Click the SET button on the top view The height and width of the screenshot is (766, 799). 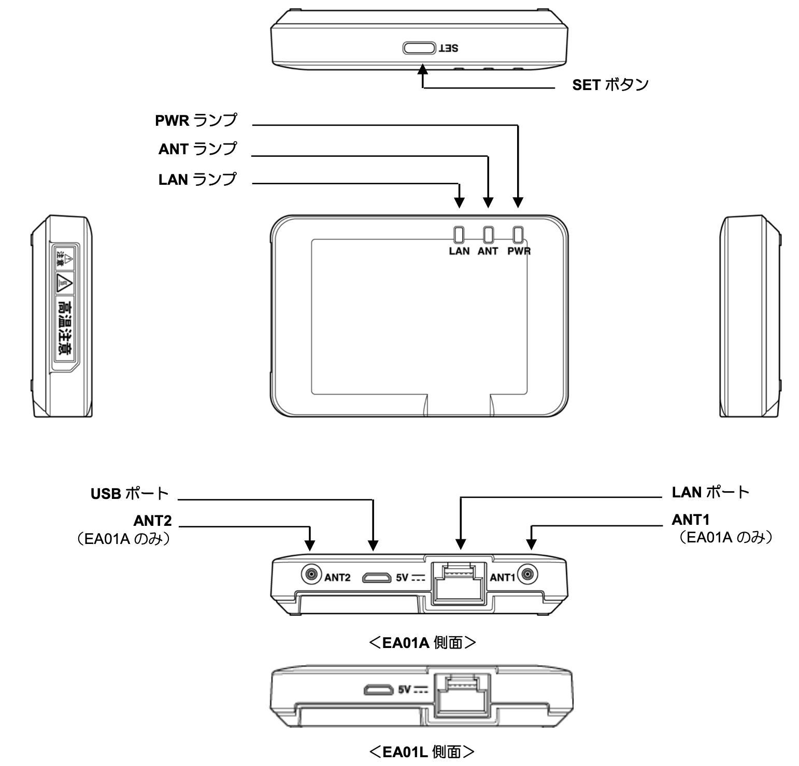coord(419,48)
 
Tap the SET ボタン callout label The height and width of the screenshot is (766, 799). coord(610,84)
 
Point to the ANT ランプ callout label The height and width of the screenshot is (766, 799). coord(197,149)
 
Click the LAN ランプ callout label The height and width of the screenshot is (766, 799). coord(197,180)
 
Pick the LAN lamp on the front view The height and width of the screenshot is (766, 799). coord(459,235)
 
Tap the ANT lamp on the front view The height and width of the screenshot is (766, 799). coord(488,235)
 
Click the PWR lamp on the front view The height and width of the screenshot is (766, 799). coord(518,235)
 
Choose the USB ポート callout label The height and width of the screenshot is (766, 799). coord(130,493)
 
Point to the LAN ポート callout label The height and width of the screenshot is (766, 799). coord(710,492)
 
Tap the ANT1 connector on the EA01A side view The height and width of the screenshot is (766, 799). coord(528,574)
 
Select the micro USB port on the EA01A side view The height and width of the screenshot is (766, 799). coord(377,577)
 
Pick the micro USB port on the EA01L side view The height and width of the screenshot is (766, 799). coord(378,690)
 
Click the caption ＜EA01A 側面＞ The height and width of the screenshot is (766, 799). coord(422,643)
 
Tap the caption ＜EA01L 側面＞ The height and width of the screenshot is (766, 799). coord(422,752)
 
